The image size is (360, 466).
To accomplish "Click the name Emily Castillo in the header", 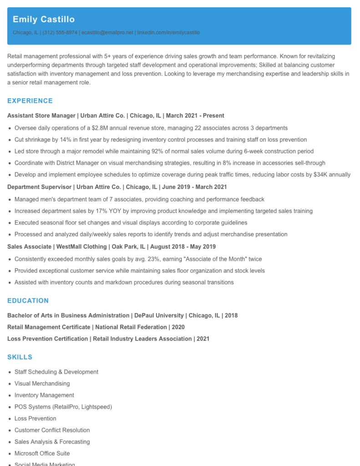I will (44, 20).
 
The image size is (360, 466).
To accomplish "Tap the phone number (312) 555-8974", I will (60, 33).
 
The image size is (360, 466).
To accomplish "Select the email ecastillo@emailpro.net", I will (107, 33).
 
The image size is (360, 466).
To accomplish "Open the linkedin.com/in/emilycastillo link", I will (168, 33).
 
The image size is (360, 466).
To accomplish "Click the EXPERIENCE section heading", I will (30, 101).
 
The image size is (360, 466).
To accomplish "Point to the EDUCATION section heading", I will (28, 301).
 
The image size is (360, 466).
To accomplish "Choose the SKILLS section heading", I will (20, 357).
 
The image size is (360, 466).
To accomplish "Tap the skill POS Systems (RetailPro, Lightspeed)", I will (63, 407).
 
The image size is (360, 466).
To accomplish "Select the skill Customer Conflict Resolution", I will (52, 430).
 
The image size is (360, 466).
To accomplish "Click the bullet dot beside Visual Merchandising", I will (10, 384).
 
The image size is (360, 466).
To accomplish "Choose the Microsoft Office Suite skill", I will (42, 453).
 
